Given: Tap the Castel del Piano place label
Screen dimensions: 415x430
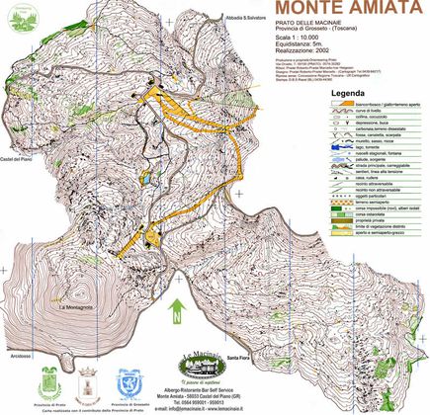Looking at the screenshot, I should (18, 159).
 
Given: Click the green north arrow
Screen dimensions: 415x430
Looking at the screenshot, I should (175, 310).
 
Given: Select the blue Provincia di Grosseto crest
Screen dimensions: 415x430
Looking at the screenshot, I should (126, 382).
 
